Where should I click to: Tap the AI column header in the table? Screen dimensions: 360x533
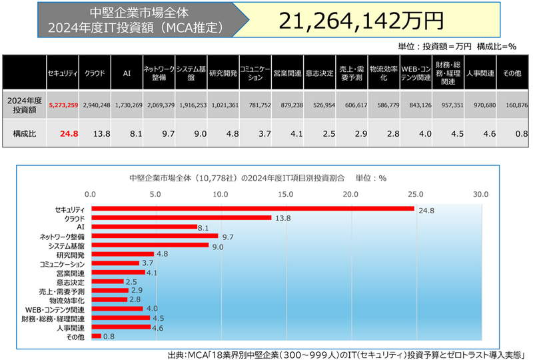coord(127,73)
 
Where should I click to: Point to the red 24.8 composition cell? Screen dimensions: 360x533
coord(69,133)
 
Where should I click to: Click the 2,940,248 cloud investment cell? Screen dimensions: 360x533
coord(95,105)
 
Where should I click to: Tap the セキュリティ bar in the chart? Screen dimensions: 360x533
coord(253,209)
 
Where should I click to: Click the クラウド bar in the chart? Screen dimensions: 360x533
coord(181,218)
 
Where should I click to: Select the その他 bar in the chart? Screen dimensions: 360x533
coord(96,336)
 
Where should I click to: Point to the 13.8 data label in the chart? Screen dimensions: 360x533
coord(282,219)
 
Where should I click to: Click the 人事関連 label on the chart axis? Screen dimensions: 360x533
coord(71,327)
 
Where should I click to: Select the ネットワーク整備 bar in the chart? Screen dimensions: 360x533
coord(155,236)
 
